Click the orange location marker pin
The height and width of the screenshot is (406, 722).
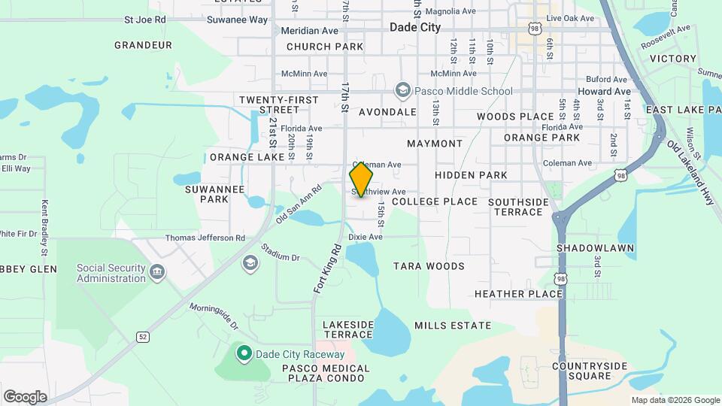(x=362, y=180)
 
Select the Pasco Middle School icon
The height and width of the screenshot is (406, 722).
(x=403, y=91)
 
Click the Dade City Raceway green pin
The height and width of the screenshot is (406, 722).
(x=244, y=353)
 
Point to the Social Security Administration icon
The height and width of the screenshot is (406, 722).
(x=157, y=272)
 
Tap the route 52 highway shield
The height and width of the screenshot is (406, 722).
(x=142, y=336)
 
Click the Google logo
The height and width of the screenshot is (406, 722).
(x=25, y=397)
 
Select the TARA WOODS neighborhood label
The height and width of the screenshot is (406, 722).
(x=429, y=266)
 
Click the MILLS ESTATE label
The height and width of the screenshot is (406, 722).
(x=453, y=326)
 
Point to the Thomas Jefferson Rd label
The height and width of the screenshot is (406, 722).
(x=205, y=238)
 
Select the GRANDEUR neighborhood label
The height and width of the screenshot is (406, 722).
(x=144, y=45)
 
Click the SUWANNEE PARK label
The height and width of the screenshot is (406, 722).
(x=214, y=194)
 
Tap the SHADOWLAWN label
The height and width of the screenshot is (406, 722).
(x=596, y=248)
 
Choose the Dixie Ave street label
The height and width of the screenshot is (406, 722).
(x=366, y=237)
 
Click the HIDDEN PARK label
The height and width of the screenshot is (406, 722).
(x=471, y=175)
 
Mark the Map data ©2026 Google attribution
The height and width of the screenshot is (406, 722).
(x=675, y=400)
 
